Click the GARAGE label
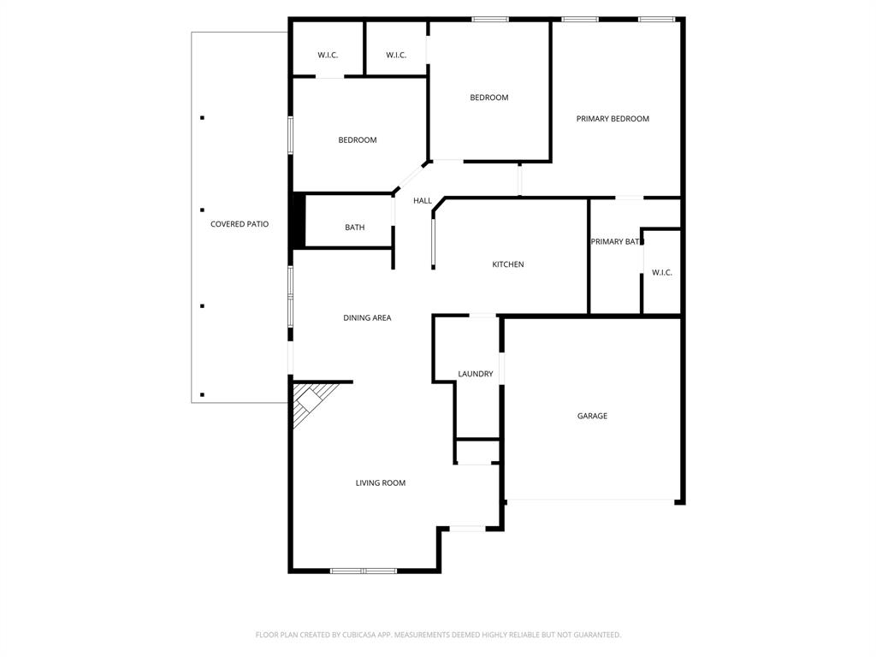[x=592, y=416]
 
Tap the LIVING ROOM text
[x=381, y=483]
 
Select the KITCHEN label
[x=507, y=264]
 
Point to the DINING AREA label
[x=367, y=318]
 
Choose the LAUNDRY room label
[x=475, y=374]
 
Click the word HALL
[x=423, y=201]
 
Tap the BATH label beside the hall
[x=354, y=228]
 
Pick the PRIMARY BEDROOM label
[x=613, y=119]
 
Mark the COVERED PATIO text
[x=240, y=224]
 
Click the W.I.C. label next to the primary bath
[x=661, y=273]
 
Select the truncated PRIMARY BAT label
[x=614, y=242]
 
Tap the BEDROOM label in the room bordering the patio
[x=357, y=140]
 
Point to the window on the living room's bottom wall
[x=364, y=571]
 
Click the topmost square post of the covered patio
[x=202, y=118]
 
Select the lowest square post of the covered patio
[x=202, y=394]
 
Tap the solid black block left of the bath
[x=299, y=221]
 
